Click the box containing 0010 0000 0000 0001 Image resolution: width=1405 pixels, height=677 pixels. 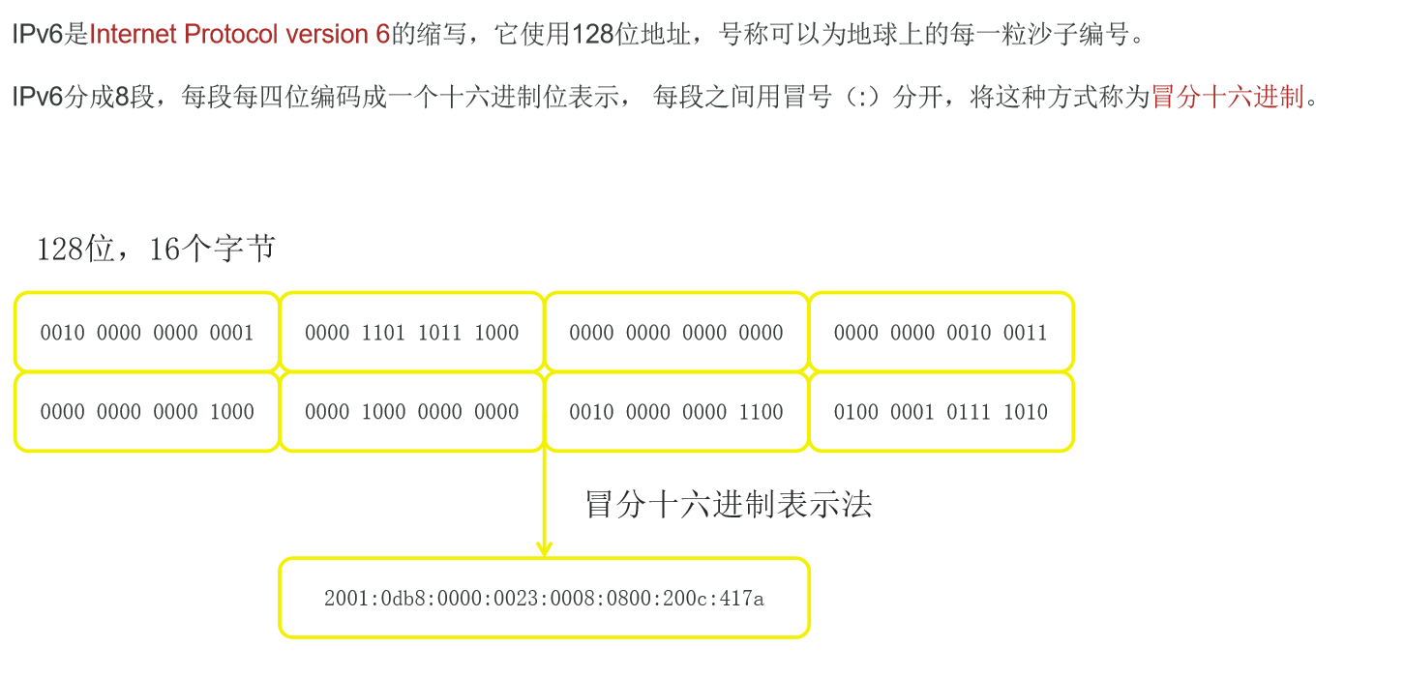pyautogui.click(x=146, y=333)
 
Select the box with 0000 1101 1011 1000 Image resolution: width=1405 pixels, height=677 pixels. pyautogui.click(x=411, y=333)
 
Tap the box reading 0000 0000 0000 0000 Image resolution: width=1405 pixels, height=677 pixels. pyautogui.click(x=676, y=333)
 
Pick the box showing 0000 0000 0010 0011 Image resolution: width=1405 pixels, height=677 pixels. pyautogui.click(x=941, y=333)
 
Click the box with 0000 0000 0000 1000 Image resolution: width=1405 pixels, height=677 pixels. pyautogui.click(x=146, y=412)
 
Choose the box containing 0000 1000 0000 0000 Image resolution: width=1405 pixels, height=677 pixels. pyautogui.click(x=411, y=412)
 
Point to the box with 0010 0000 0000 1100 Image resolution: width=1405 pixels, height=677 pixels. pyautogui.click(x=676, y=412)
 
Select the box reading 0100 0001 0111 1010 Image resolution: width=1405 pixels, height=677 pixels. pyautogui.click(x=941, y=412)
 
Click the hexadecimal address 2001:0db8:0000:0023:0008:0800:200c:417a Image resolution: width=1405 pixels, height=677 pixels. pyautogui.click(x=544, y=599)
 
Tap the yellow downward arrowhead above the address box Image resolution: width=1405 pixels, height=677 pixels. pyautogui.click(x=544, y=548)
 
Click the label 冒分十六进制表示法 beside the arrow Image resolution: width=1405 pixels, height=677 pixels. pyautogui.click(x=729, y=504)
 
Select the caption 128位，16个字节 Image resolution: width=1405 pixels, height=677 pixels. pyautogui.click(x=155, y=250)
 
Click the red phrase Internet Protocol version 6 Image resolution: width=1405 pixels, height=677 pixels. pyautogui.click(x=240, y=36)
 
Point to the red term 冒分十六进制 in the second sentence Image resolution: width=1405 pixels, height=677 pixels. pyautogui.click(x=1227, y=97)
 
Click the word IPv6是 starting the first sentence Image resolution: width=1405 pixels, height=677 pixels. pyautogui.click(x=49, y=36)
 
